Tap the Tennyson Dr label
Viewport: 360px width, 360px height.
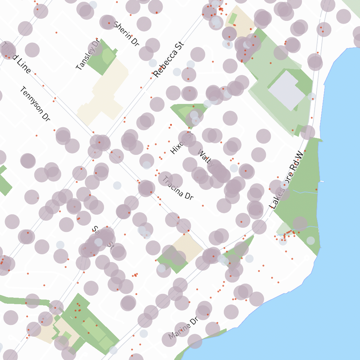pos(34,104)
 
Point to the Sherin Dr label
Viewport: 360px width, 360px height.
pos(126,34)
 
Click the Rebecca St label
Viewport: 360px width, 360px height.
pos(169,59)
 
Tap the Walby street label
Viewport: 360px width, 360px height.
pos(205,159)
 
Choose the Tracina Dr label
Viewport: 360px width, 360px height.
pos(178,188)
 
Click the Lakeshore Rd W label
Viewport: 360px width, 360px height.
pos(286,179)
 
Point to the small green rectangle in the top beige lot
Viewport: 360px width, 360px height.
pos(233,18)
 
